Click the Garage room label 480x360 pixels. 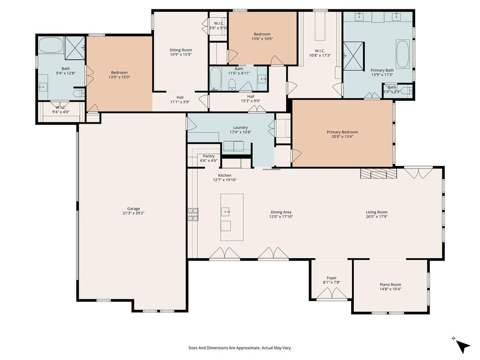[134, 209]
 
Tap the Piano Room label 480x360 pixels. [390, 285]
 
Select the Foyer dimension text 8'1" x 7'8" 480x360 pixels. [331, 283]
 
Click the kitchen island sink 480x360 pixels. [226, 211]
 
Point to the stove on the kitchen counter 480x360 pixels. [193, 214]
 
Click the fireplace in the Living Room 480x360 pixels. [378, 173]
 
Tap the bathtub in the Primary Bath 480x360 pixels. [403, 54]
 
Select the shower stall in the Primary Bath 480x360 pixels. [353, 56]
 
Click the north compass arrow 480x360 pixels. [462, 346]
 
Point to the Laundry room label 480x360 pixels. [240, 127]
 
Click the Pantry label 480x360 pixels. [209, 156]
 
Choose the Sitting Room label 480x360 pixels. [180, 50]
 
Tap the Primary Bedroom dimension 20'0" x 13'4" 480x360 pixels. [342, 136]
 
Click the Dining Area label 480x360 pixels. [281, 212]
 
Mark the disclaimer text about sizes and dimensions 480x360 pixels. [240, 348]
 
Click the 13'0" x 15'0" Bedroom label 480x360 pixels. [119, 73]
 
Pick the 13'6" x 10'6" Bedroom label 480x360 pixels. [262, 34]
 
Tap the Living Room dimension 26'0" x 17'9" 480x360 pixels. [376, 217]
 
